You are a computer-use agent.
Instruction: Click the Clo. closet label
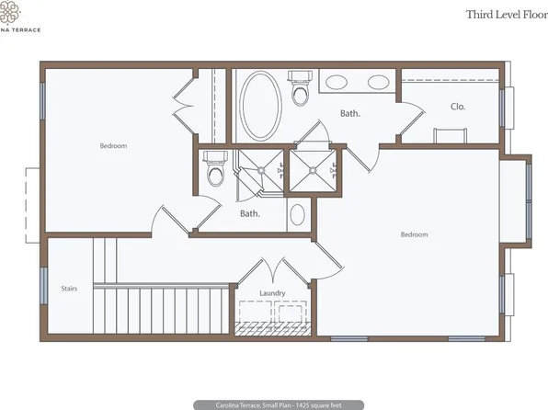458,107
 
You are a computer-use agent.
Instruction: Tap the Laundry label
272,293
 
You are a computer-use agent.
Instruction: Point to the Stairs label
69,288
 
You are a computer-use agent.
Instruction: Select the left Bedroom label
113,145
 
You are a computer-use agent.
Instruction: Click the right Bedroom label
414,234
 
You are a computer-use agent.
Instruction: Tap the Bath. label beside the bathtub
349,114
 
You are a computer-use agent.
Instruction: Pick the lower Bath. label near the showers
250,213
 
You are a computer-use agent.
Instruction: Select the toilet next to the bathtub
301,92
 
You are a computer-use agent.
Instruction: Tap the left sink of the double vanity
337,82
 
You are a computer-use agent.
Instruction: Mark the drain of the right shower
314,169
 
